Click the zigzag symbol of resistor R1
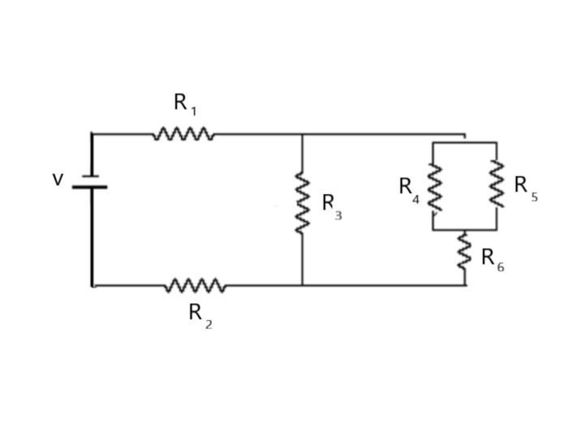click(x=183, y=134)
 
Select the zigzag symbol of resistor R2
click(x=195, y=286)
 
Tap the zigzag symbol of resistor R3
click(x=302, y=202)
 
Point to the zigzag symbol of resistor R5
click(x=497, y=184)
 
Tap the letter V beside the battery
click(x=58, y=180)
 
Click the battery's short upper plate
click(x=91, y=175)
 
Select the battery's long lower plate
click(x=89, y=187)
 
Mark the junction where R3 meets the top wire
click(x=302, y=135)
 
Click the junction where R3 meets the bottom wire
click(x=302, y=286)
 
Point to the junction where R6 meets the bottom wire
click(x=465, y=286)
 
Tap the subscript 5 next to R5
click(x=535, y=197)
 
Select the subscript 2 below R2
click(x=209, y=325)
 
